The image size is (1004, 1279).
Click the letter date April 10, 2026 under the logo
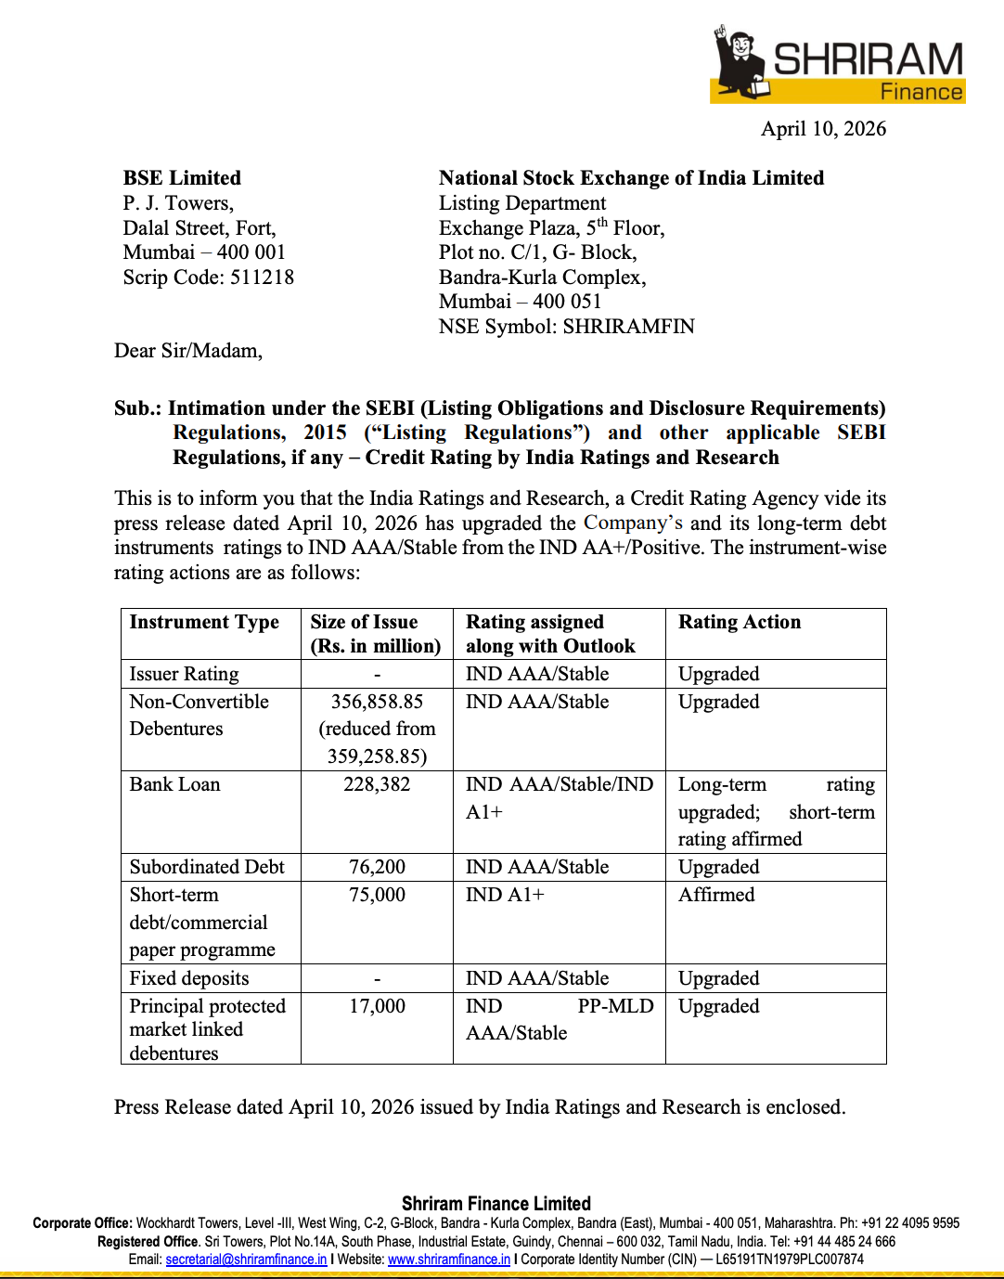pyautogui.click(x=823, y=129)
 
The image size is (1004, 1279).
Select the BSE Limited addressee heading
pyautogui.click(x=182, y=178)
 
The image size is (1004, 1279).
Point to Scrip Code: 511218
pyautogui.click(x=209, y=278)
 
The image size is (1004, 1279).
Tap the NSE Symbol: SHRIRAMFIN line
pyautogui.click(x=566, y=327)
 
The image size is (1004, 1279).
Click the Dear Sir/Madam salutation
pyautogui.click(x=188, y=351)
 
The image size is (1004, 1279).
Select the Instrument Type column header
pyautogui.click(x=204, y=622)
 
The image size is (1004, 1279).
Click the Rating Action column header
pyautogui.click(x=740, y=622)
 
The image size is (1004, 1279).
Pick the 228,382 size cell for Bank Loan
pyautogui.click(x=377, y=784)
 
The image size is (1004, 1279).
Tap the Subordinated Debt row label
pyautogui.click(x=207, y=867)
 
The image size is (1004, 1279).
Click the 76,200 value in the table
pyautogui.click(x=377, y=867)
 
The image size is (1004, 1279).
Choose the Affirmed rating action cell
pyautogui.click(x=716, y=895)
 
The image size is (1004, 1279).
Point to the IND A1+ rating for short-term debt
pyautogui.click(x=505, y=895)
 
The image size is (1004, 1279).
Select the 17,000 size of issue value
pyautogui.click(x=377, y=1006)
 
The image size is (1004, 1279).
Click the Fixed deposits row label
pyautogui.click(x=189, y=978)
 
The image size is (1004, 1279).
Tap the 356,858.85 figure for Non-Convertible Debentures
pyautogui.click(x=377, y=702)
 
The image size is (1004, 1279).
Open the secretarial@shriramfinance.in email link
pyautogui.click(x=246, y=1260)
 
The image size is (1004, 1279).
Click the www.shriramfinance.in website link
pyautogui.click(x=449, y=1260)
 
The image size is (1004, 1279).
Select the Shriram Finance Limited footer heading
pyautogui.click(x=496, y=1204)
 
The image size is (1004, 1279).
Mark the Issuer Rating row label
pyautogui.click(x=184, y=674)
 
